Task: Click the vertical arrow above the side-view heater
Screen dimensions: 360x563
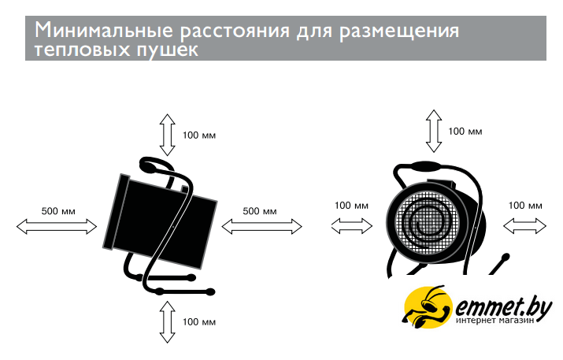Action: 167,133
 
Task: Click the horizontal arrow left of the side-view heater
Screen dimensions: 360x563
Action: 57,226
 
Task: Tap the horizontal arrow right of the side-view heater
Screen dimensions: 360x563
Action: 262,226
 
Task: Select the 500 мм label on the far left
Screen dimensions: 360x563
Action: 58,210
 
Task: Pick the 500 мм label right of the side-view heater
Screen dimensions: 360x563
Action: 259,210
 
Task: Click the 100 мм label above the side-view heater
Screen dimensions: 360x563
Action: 198,134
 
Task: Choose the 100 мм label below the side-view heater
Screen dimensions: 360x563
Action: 198,321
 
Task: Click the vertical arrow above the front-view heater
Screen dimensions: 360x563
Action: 432,131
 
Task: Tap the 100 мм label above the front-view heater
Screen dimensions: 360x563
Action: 465,131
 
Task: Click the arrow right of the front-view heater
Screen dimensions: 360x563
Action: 524,226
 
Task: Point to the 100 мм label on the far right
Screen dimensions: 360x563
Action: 525,205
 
